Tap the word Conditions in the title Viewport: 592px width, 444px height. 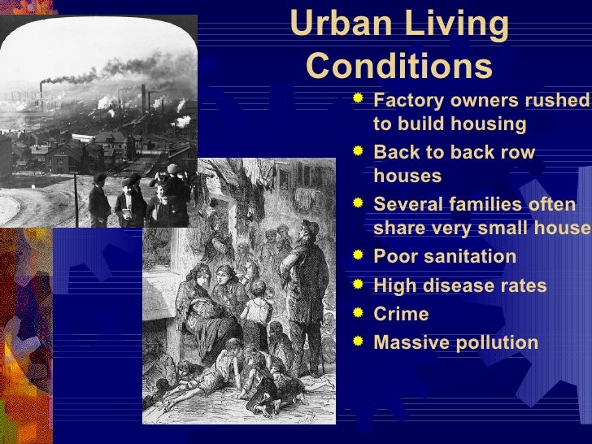[400, 64]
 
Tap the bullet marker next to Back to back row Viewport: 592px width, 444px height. [358, 151]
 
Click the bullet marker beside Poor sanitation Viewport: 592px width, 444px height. [358, 255]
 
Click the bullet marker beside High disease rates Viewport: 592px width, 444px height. [358, 285]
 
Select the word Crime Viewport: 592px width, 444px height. [400, 315]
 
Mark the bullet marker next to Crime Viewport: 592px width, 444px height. [358, 313]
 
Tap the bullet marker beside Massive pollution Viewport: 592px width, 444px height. [358, 342]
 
